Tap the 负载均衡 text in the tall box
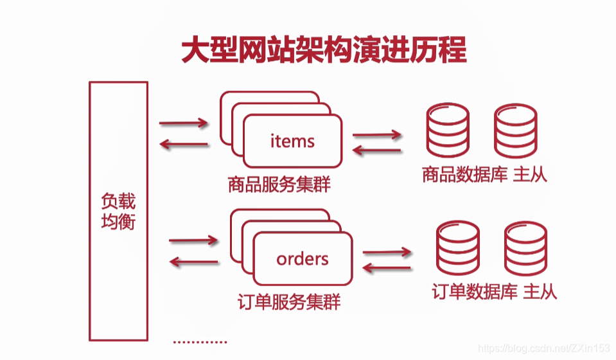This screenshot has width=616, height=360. [x=118, y=212]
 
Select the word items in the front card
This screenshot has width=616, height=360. [x=292, y=141]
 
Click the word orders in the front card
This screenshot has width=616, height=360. [x=303, y=258]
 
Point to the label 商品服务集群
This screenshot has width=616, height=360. [x=279, y=186]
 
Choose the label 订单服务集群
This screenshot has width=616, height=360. [x=289, y=301]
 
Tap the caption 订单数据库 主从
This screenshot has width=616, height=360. [x=494, y=292]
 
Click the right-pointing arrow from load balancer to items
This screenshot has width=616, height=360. [x=184, y=123]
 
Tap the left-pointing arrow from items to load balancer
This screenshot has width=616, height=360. [x=184, y=144]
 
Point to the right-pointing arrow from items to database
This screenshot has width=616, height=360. [x=376, y=135]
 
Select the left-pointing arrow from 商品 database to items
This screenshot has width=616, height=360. [x=376, y=152]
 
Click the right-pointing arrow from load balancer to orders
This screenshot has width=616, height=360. [x=193, y=241]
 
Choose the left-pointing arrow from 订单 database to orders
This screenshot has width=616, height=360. [x=387, y=267]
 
